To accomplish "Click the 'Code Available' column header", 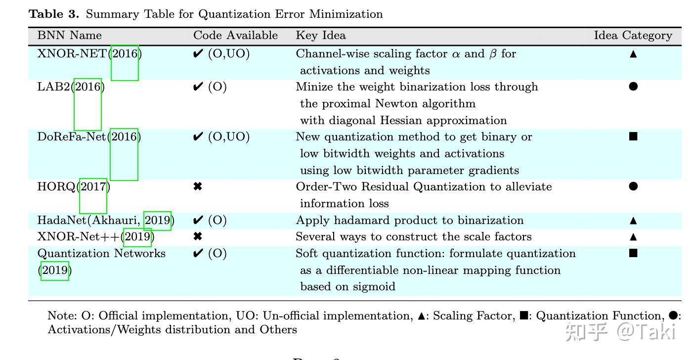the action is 235,36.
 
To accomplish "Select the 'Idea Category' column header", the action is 633,36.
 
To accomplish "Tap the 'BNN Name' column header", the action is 69,36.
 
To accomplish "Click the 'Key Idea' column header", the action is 320,36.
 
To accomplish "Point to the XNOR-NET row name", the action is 72,54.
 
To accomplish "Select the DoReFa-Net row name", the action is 72,137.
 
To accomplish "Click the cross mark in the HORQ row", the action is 198,187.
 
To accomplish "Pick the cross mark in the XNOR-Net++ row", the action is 198,237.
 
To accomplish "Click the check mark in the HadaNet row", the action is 198,221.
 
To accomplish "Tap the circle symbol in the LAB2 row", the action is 633,87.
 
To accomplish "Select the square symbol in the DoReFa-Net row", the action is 633,136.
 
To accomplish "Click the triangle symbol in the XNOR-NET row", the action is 633,54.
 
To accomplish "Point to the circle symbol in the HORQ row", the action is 633,186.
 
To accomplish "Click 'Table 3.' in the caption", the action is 54,14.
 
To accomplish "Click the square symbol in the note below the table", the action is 524,315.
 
